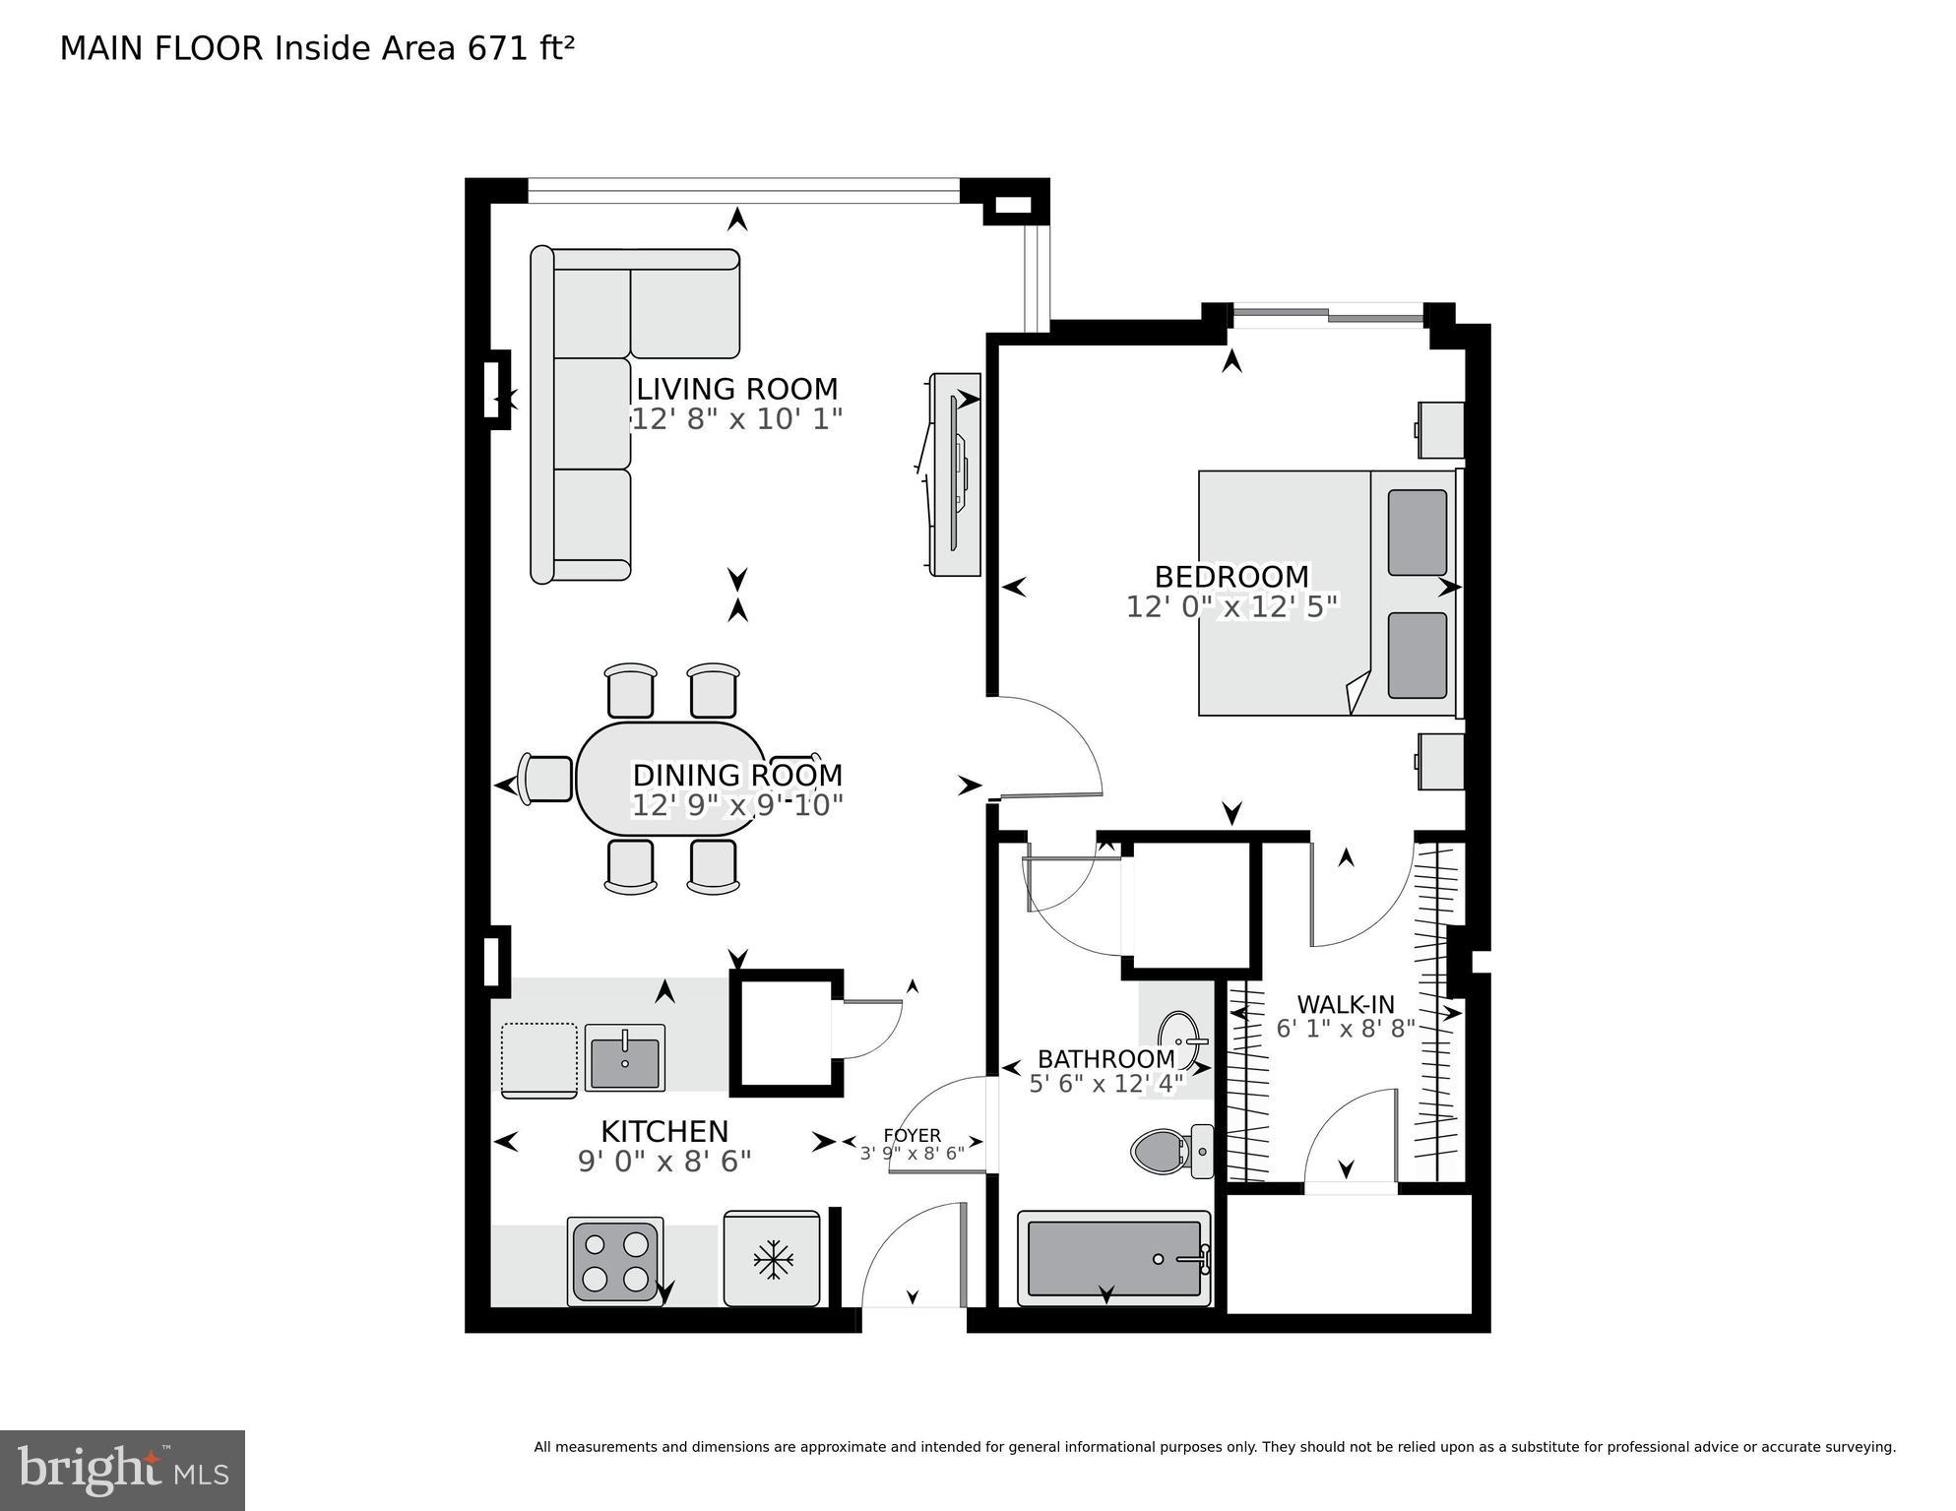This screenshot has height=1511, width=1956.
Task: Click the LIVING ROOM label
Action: (x=736, y=389)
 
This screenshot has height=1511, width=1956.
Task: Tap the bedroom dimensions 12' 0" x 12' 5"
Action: (x=1231, y=606)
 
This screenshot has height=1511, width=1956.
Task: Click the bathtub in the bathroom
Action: (x=1113, y=1258)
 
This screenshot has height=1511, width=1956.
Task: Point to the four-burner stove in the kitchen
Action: (x=615, y=1262)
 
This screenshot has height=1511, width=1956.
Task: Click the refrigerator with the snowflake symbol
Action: (x=772, y=1259)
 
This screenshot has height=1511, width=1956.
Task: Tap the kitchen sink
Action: (x=625, y=1057)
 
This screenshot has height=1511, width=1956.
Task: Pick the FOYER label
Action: (x=912, y=1135)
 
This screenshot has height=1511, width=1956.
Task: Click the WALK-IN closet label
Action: (x=1345, y=1004)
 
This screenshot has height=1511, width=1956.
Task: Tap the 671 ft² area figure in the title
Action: (x=521, y=48)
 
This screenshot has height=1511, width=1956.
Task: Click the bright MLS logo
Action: (x=122, y=1471)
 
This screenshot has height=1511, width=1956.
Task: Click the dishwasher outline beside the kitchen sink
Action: (x=538, y=1059)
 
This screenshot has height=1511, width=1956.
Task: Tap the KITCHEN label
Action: (x=664, y=1131)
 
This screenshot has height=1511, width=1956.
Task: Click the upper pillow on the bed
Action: (x=1417, y=533)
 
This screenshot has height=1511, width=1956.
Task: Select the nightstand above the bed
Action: (x=1439, y=429)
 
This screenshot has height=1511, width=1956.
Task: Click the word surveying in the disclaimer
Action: (x=1861, y=1447)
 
